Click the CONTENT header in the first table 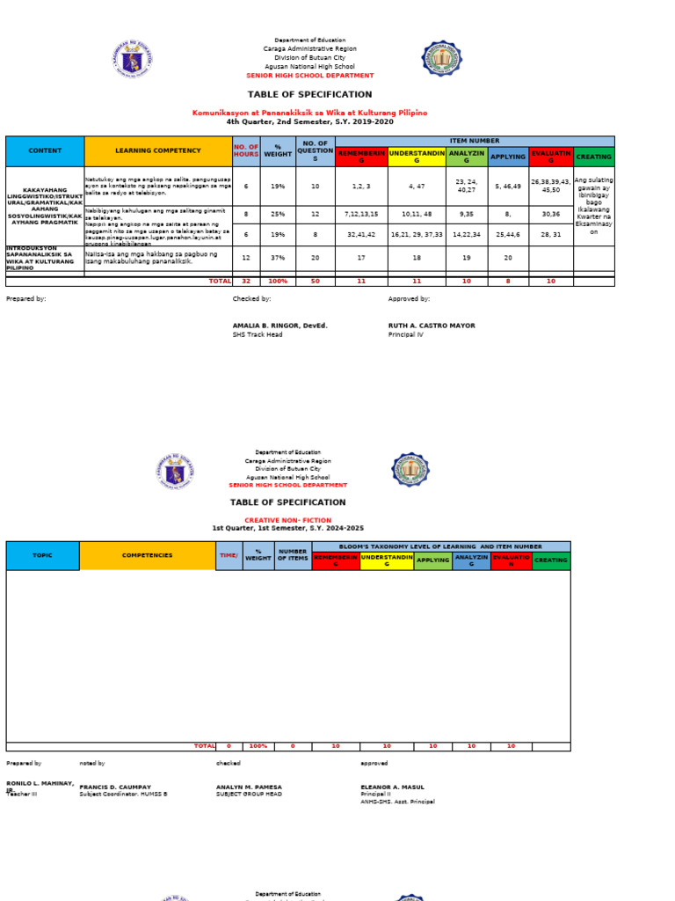click(x=45, y=151)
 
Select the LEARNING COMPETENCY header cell click(x=157, y=151)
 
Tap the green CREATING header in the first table click(x=593, y=157)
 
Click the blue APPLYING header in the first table click(x=509, y=157)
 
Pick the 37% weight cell click(x=278, y=258)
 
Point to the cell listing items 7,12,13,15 click(x=361, y=214)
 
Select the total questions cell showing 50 click(x=316, y=281)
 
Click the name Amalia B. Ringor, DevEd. click(x=279, y=326)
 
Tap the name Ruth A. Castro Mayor click(x=432, y=326)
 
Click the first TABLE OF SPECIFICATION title click(x=309, y=94)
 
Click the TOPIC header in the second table click(x=42, y=556)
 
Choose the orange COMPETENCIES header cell click(x=147, y=556)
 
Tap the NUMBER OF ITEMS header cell click(x=293, y=556)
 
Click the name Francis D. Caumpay click(x=115, y=787)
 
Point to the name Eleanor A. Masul click(x=392, y=787)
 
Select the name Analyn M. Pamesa click(x=250, y=787)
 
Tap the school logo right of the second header click(x=410, y=471)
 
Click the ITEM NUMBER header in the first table click(x=474, y=141)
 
